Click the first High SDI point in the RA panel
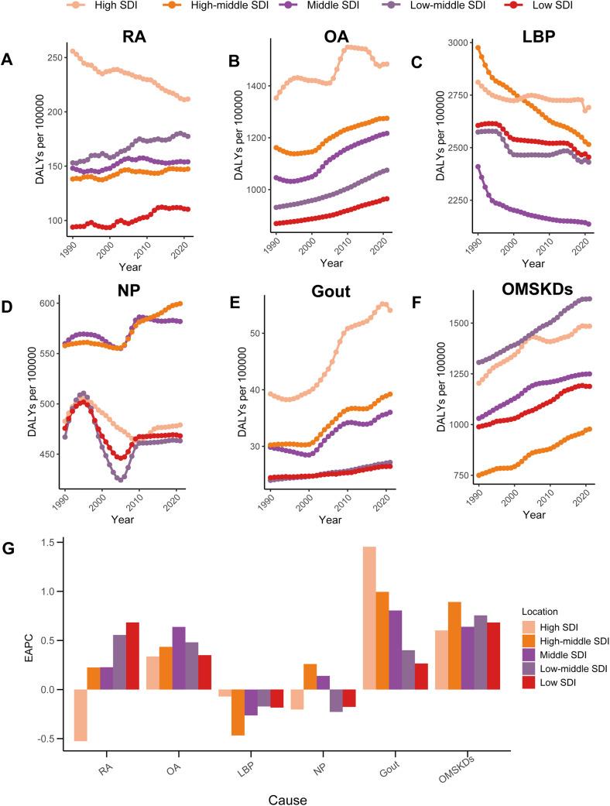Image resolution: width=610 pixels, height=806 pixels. tap(73, 52)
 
